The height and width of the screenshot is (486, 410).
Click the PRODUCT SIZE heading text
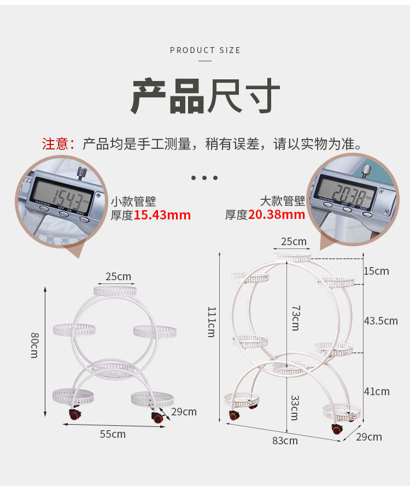pos(205,50)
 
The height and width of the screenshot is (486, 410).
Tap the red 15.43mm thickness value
pos(162,215)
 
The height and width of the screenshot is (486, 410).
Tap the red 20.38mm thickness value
pos(277,215)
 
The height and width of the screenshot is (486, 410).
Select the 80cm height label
pos(34,344)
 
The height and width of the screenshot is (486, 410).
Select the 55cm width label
pos(113,434)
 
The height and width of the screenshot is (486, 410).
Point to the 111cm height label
pos(211,321)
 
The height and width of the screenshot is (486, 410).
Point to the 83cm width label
pos(285,440)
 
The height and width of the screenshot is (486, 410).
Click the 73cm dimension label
pos(295,318)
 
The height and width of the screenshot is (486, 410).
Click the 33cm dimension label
pos(294,407)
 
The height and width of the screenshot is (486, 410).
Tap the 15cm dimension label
pos(376,271)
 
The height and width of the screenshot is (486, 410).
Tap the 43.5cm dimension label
pos(380,321)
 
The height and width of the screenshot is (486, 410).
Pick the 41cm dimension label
pos(377,391)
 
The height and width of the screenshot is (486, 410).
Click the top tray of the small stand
pos(115,291)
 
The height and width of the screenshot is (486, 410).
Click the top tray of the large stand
pos(292,257)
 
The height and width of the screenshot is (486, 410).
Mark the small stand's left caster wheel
pos(74,414)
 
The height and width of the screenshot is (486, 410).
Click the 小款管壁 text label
pos(133,201)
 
